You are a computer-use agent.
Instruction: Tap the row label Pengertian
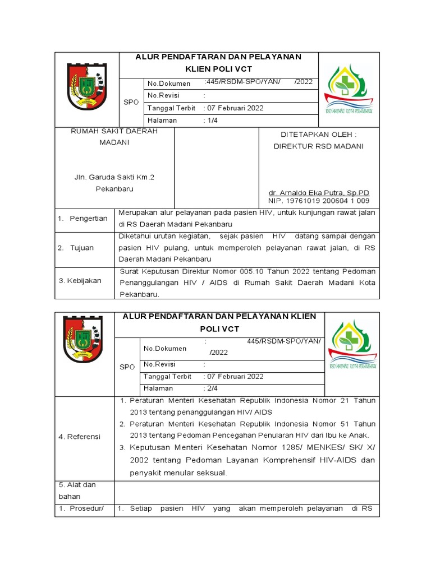click(x=84, y=218)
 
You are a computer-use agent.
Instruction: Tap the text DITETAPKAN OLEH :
click(x=318, y=135)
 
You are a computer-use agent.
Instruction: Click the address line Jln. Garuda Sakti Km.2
click(x=114, y=177)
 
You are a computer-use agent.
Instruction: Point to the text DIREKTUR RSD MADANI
click(x=318, y=146)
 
